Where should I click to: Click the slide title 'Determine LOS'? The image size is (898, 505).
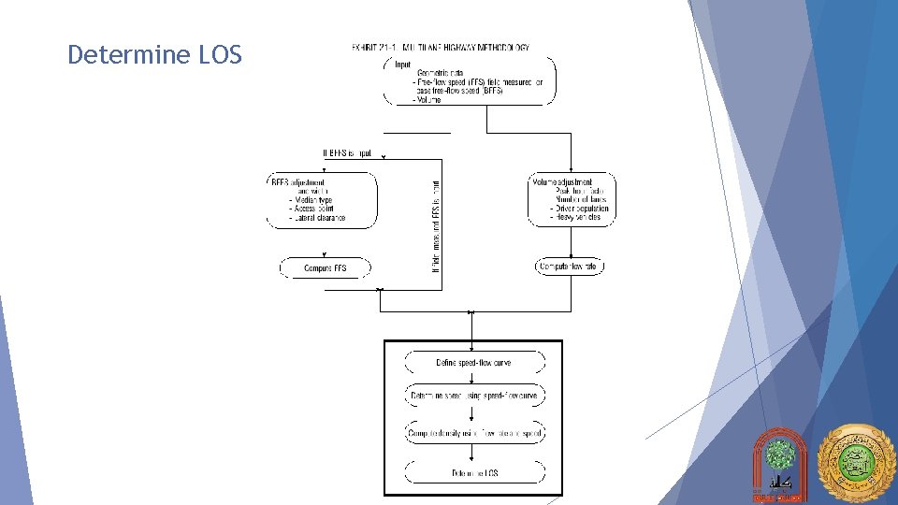click(x=154, y=55)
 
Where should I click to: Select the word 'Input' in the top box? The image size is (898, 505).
click(x=403, y=64)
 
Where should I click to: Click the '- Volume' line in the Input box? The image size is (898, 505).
click(x=427, y=100)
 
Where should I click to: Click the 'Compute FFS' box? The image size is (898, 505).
click(x=326, y=268)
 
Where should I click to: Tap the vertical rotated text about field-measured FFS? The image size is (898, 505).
click(x=436, y=226)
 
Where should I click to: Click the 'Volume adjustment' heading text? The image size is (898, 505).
click(x=563, y=181)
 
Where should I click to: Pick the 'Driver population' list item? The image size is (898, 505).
click(x=583, y=209)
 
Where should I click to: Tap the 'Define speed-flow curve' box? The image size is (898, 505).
click(x=473, y=362)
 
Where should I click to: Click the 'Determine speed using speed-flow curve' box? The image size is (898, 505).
click(x=474, y=397)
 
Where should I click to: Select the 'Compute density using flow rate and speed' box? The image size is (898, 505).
click(x=474, y=434)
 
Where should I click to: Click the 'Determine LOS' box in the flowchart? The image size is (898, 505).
click(x=474, y=473)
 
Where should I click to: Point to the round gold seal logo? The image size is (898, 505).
click(x=855, y=464)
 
